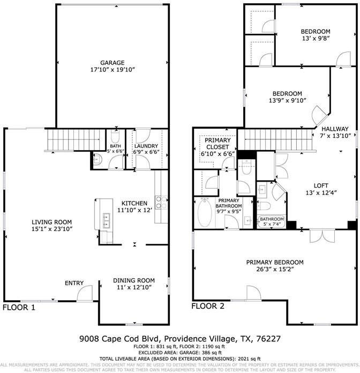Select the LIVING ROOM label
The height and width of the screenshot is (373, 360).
coord(51,222)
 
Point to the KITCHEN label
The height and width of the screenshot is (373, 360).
coord(134,203)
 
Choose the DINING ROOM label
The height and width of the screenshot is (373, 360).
coord(134,280)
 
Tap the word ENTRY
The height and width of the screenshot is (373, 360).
coord(74,283)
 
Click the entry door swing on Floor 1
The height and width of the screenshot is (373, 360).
coord(85,293)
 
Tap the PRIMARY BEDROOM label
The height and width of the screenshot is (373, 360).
coord(274,263)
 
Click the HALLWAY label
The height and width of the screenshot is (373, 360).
coord(335,129)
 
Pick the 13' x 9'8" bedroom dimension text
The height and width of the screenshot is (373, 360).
coord(315,39)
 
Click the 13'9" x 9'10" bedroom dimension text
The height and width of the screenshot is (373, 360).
coord(287,100)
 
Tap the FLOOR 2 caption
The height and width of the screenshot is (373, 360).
coord(209,307)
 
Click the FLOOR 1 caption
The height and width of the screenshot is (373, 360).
coord(19,308)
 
